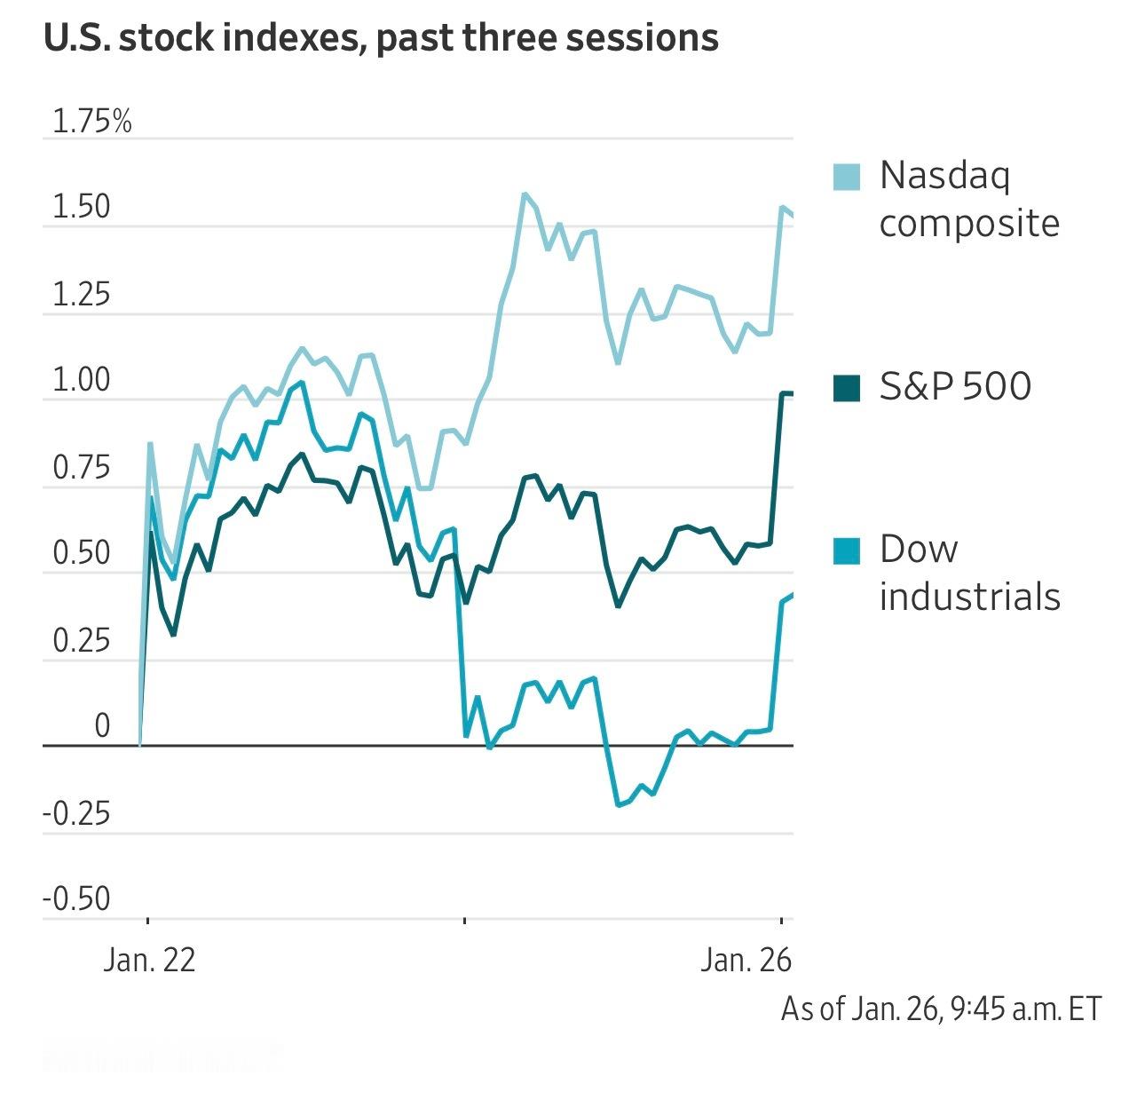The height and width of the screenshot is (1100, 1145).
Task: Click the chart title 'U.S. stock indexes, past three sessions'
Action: [381, 38]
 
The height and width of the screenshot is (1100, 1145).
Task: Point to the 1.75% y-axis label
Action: [91, 122]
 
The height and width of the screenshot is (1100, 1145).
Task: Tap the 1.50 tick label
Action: [82, 207]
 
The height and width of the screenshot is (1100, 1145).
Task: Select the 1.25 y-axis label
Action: [82, 294]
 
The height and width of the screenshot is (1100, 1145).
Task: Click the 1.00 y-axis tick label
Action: [82, 381]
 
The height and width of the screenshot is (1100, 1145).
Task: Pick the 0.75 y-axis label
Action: [82, 468]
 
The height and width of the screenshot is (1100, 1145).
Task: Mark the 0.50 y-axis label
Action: [82, 554]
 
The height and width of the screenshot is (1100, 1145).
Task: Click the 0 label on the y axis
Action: [102, 726]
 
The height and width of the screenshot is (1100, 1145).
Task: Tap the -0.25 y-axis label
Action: [77, 813]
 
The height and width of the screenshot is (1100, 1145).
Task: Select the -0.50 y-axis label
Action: [77, 899]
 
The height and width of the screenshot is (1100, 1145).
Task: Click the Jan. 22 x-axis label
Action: [149, 961]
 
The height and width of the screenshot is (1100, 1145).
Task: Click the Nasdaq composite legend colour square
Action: [847, 177]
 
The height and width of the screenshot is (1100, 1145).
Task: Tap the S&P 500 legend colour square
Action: [847, 388]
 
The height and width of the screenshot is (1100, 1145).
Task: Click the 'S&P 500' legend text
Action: [955, 387]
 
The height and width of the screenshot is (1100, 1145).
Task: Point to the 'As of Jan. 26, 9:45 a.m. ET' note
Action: [941, 1009]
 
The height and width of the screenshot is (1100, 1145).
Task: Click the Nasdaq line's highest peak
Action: [525, 194]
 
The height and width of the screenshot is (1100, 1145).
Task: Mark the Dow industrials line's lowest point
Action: [618, 805]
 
